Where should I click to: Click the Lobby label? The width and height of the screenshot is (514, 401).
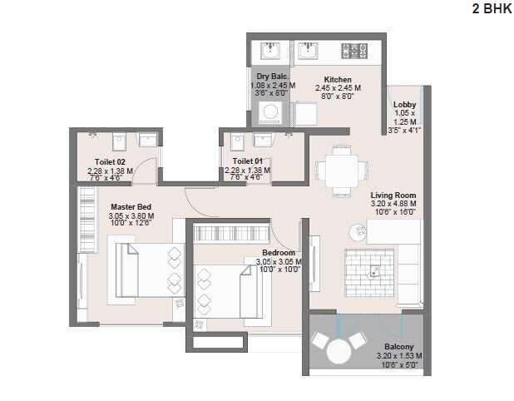click(405, 104)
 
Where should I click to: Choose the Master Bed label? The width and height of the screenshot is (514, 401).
click(131, 206)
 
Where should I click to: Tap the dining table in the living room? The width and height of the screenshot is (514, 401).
click(339, 170)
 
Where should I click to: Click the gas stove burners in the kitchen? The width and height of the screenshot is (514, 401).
click(358, 52)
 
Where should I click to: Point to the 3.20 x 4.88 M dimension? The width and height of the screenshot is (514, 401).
click(393, 202)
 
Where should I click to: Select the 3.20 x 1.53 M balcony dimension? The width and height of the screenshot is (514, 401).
click(400, 355)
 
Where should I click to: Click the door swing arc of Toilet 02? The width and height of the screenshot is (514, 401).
click(147, 167)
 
